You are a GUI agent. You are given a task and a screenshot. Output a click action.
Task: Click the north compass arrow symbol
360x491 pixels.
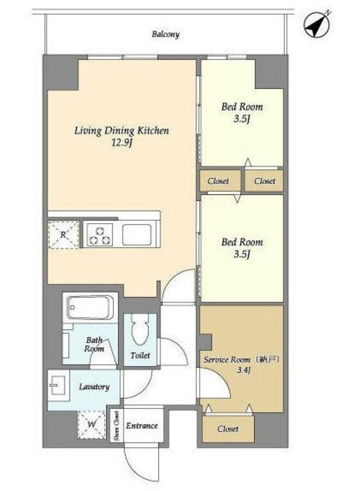pyautogui.click(x=317, y=24)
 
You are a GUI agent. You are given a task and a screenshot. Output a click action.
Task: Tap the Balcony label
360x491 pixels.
pyautogui.click(x=166, y=34)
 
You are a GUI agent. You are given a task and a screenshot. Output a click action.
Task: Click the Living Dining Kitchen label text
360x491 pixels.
pyautogui.click(x=121, y=130)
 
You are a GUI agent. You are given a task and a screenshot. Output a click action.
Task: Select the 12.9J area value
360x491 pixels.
pyautogui.click(x=122, y=143)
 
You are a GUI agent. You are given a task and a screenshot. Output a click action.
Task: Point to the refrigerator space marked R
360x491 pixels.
pyautogui.click(x=64, y=234)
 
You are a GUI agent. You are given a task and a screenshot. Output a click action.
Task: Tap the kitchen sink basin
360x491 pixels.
pyautogui.click(x=137, y=235)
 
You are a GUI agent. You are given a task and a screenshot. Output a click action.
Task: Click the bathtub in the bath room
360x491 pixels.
pyautogui.click(x=90, y=308)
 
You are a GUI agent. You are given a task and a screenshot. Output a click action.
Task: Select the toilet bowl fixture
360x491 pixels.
pyautogui.click(x=140, y=329)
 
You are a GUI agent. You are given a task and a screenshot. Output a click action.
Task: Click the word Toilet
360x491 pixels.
pyautogui.click(x=140, y=355)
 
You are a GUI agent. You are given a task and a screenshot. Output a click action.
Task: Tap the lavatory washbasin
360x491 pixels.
pyautogui.click(x=58, y=385)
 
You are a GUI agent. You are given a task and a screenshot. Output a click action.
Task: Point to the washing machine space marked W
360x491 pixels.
pyautogui.click(x=91, y=424)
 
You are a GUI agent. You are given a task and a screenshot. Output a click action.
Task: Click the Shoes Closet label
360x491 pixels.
pyautogui.click(x=117, y=425)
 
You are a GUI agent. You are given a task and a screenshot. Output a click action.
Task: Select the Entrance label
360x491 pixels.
pyautogui.click(x=141, y=426)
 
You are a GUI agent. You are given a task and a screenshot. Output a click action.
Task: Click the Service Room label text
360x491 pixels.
pyautogui.click(x=227, y=360)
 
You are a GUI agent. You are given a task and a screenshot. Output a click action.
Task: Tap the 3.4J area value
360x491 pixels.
pyautogui.click(x=243, y=370)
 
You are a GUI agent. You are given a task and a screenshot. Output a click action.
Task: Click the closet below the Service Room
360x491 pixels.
pyautogui.click(x=228, y=429)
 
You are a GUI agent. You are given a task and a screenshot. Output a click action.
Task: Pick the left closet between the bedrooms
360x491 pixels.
pyautogui.click(x=220, y=181)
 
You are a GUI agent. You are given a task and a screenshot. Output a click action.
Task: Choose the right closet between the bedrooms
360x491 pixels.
pyautogui.click(x=264, y=181)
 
